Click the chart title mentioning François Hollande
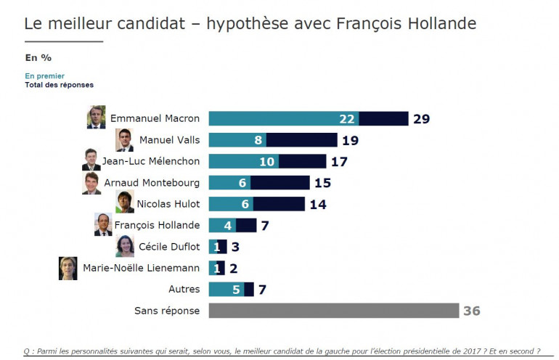coord(250,23)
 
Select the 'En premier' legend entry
coord(45,75)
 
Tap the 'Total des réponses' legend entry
coord(60,85)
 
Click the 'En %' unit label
coord(38,57)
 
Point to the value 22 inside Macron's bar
coord(346,119)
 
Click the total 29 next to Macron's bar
coord(422,119)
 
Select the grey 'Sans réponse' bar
coord(333,311)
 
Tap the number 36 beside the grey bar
coord(471,311)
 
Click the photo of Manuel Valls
coord(124,140)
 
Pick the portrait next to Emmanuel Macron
coord(96,118)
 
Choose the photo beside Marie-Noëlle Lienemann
coord(68,268)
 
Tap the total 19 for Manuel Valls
coord(351,140)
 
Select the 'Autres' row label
coord(184,289)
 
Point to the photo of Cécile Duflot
coord(124,246)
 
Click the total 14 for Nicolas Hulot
coord(318,204)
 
